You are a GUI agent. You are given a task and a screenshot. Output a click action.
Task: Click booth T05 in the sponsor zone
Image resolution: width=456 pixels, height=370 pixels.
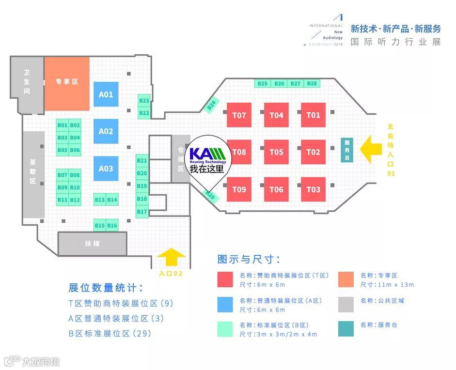click(x=276, y=152)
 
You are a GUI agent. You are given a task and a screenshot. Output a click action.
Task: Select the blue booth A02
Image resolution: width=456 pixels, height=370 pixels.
click(x=106, y=131)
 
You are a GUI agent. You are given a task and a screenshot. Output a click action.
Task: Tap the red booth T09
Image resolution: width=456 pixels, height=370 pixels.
click(x=239, y=189)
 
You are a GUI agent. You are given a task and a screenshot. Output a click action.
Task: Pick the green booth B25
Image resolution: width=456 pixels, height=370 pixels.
click(x=262, y=84)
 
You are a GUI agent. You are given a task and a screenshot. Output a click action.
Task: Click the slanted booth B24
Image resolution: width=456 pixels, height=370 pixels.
click(x=212, y=105)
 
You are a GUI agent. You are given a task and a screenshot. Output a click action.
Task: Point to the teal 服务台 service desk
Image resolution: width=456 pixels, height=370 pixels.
click(x=347, y=150)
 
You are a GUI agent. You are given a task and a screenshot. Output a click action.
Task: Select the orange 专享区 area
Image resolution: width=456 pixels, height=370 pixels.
click(x=67, y=81)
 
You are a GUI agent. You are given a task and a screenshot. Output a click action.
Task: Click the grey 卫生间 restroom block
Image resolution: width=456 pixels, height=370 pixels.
click(x=27, y=81)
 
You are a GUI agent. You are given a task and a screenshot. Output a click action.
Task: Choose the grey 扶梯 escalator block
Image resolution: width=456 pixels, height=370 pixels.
click(x=92, y=244)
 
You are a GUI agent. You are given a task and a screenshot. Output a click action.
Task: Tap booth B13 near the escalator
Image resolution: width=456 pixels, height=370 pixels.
click(x=100, y=200)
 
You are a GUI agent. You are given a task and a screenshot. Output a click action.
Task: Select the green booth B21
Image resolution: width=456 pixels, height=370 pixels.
click(x=142, y=161)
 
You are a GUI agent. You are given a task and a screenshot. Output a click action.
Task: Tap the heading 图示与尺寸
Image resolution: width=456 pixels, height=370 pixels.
click(x=249, y=259)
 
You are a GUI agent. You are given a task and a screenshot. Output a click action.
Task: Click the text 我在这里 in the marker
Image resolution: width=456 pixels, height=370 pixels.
click(x=207, y=169)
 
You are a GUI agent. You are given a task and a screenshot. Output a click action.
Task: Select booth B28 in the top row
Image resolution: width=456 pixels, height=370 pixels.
click(x=312, y=84)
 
